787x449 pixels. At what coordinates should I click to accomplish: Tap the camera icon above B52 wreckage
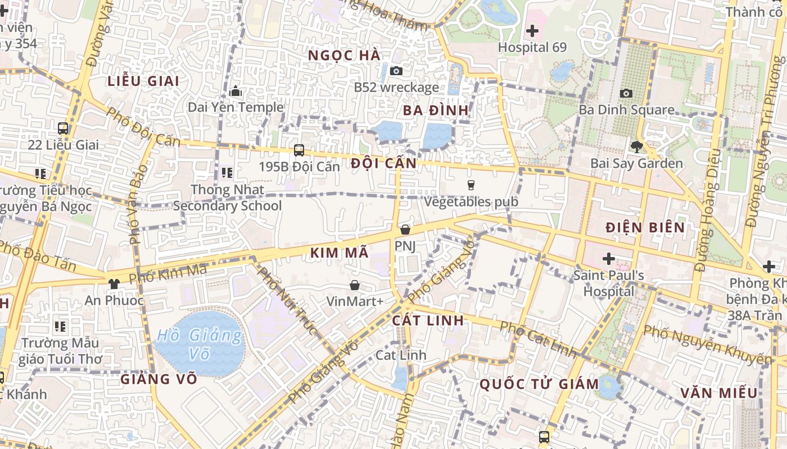(x=396, y=71)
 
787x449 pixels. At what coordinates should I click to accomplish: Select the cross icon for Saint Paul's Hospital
(x=608, y=259)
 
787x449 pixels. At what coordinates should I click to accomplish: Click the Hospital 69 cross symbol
(x=532, y=31)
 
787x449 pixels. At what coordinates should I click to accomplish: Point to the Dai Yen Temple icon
(x=235, y=90)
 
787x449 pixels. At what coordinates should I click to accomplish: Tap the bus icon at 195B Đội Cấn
(x=299, y=150)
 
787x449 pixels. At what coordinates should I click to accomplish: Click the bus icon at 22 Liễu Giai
(x=63, y=129)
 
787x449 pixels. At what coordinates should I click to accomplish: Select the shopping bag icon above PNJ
(x=405, y=230)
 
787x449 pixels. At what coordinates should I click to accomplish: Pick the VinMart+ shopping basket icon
(x=355, y=285)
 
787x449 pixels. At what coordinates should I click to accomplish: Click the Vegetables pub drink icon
(x=471, y=185)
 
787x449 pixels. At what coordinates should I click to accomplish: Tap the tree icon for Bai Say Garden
(x=636, y=147)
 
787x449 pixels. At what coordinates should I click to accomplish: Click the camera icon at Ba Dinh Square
(x=626, y=93)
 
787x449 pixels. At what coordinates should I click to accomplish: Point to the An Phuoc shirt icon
(x=114, y=283)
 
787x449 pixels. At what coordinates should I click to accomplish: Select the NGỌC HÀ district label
(x=345, y=55)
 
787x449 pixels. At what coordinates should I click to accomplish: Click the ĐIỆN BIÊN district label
(x=645, y=227)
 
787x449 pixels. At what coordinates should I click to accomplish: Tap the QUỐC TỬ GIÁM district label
(x=539, y=384)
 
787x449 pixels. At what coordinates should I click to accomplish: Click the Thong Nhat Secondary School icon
(x=227, y=173)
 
